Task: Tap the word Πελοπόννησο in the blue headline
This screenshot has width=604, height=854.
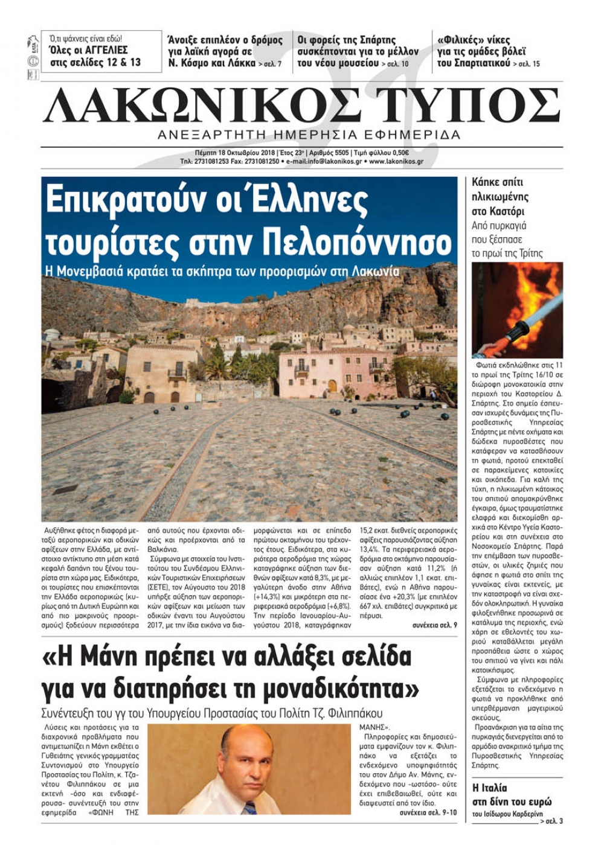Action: [358, 243]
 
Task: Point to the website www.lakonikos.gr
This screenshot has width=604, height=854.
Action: [396, 162]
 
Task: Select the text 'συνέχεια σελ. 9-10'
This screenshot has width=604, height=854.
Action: [428, 813]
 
